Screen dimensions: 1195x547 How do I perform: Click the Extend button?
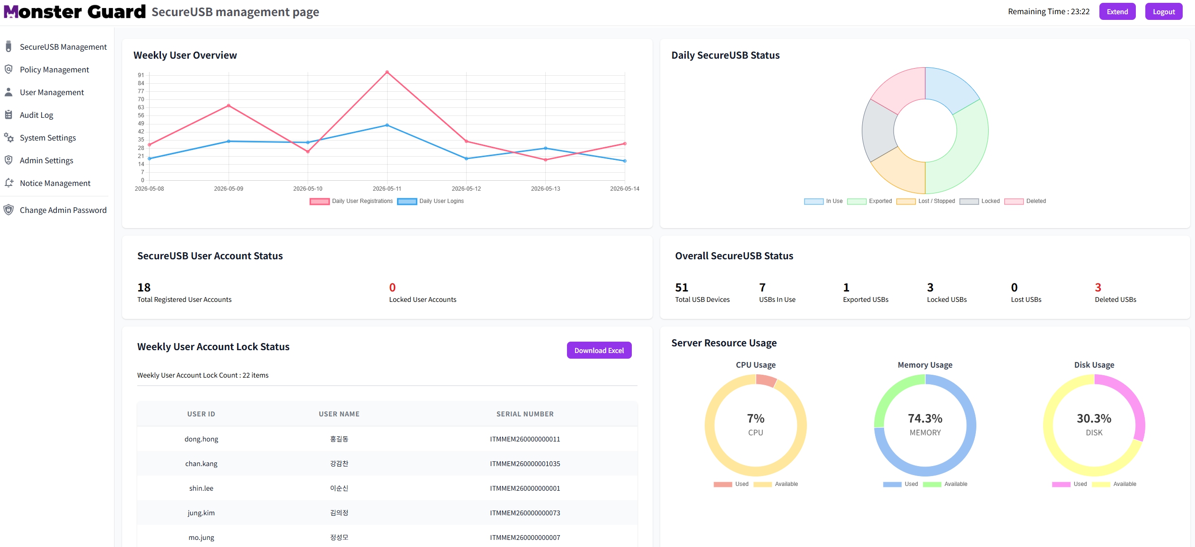(x=1117, y=12)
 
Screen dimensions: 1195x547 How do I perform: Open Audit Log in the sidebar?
(x=36, y=115)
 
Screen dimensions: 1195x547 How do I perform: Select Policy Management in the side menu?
(x=54, y=70)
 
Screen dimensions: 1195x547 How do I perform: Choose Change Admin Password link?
(x=63, y=210)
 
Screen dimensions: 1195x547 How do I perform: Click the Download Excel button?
(x=599, y=350)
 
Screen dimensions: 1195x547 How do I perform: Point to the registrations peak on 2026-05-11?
(x=387, y=72)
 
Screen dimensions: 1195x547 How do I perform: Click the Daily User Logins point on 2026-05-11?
(x=387, y=125)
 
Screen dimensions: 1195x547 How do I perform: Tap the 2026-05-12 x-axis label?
(x=466, y=189)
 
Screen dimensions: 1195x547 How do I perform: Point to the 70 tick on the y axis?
(x=141, y=99)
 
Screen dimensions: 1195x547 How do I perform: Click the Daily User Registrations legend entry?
(x=351, y=201)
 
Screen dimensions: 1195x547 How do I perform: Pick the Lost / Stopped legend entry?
(x=926, y=201)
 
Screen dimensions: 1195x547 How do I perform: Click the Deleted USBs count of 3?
(x=1098, y=287)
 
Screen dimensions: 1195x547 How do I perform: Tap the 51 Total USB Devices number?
(x=682, y=287)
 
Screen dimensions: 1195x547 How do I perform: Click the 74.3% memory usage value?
(x=925, y=418)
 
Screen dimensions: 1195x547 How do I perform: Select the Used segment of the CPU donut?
(x=766, y=380)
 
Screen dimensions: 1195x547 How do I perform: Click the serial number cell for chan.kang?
(x=525, y=464)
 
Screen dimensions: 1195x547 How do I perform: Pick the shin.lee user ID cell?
(x=201, y=488)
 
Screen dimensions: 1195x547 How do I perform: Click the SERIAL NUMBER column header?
(x=525, y=414)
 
